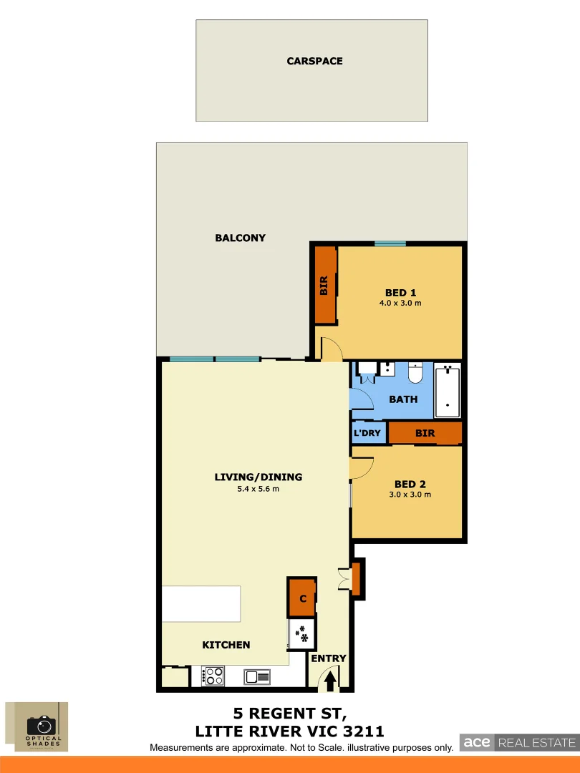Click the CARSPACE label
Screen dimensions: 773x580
pos(314,62)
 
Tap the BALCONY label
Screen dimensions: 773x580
pos(240,238)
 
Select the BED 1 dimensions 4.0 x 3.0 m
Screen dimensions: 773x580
pos(400,303)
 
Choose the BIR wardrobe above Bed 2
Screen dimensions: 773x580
pos(425,433)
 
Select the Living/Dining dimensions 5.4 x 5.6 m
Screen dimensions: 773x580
pos(258,490)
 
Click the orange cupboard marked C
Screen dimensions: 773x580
pos(302,598)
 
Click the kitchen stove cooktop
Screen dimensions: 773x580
pos(213,676)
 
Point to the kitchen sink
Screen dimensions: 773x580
pos(256,676)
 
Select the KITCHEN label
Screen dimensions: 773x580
pos(226,645)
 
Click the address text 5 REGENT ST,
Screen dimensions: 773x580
pos(290,714)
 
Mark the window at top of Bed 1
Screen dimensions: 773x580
pos(390,244)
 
